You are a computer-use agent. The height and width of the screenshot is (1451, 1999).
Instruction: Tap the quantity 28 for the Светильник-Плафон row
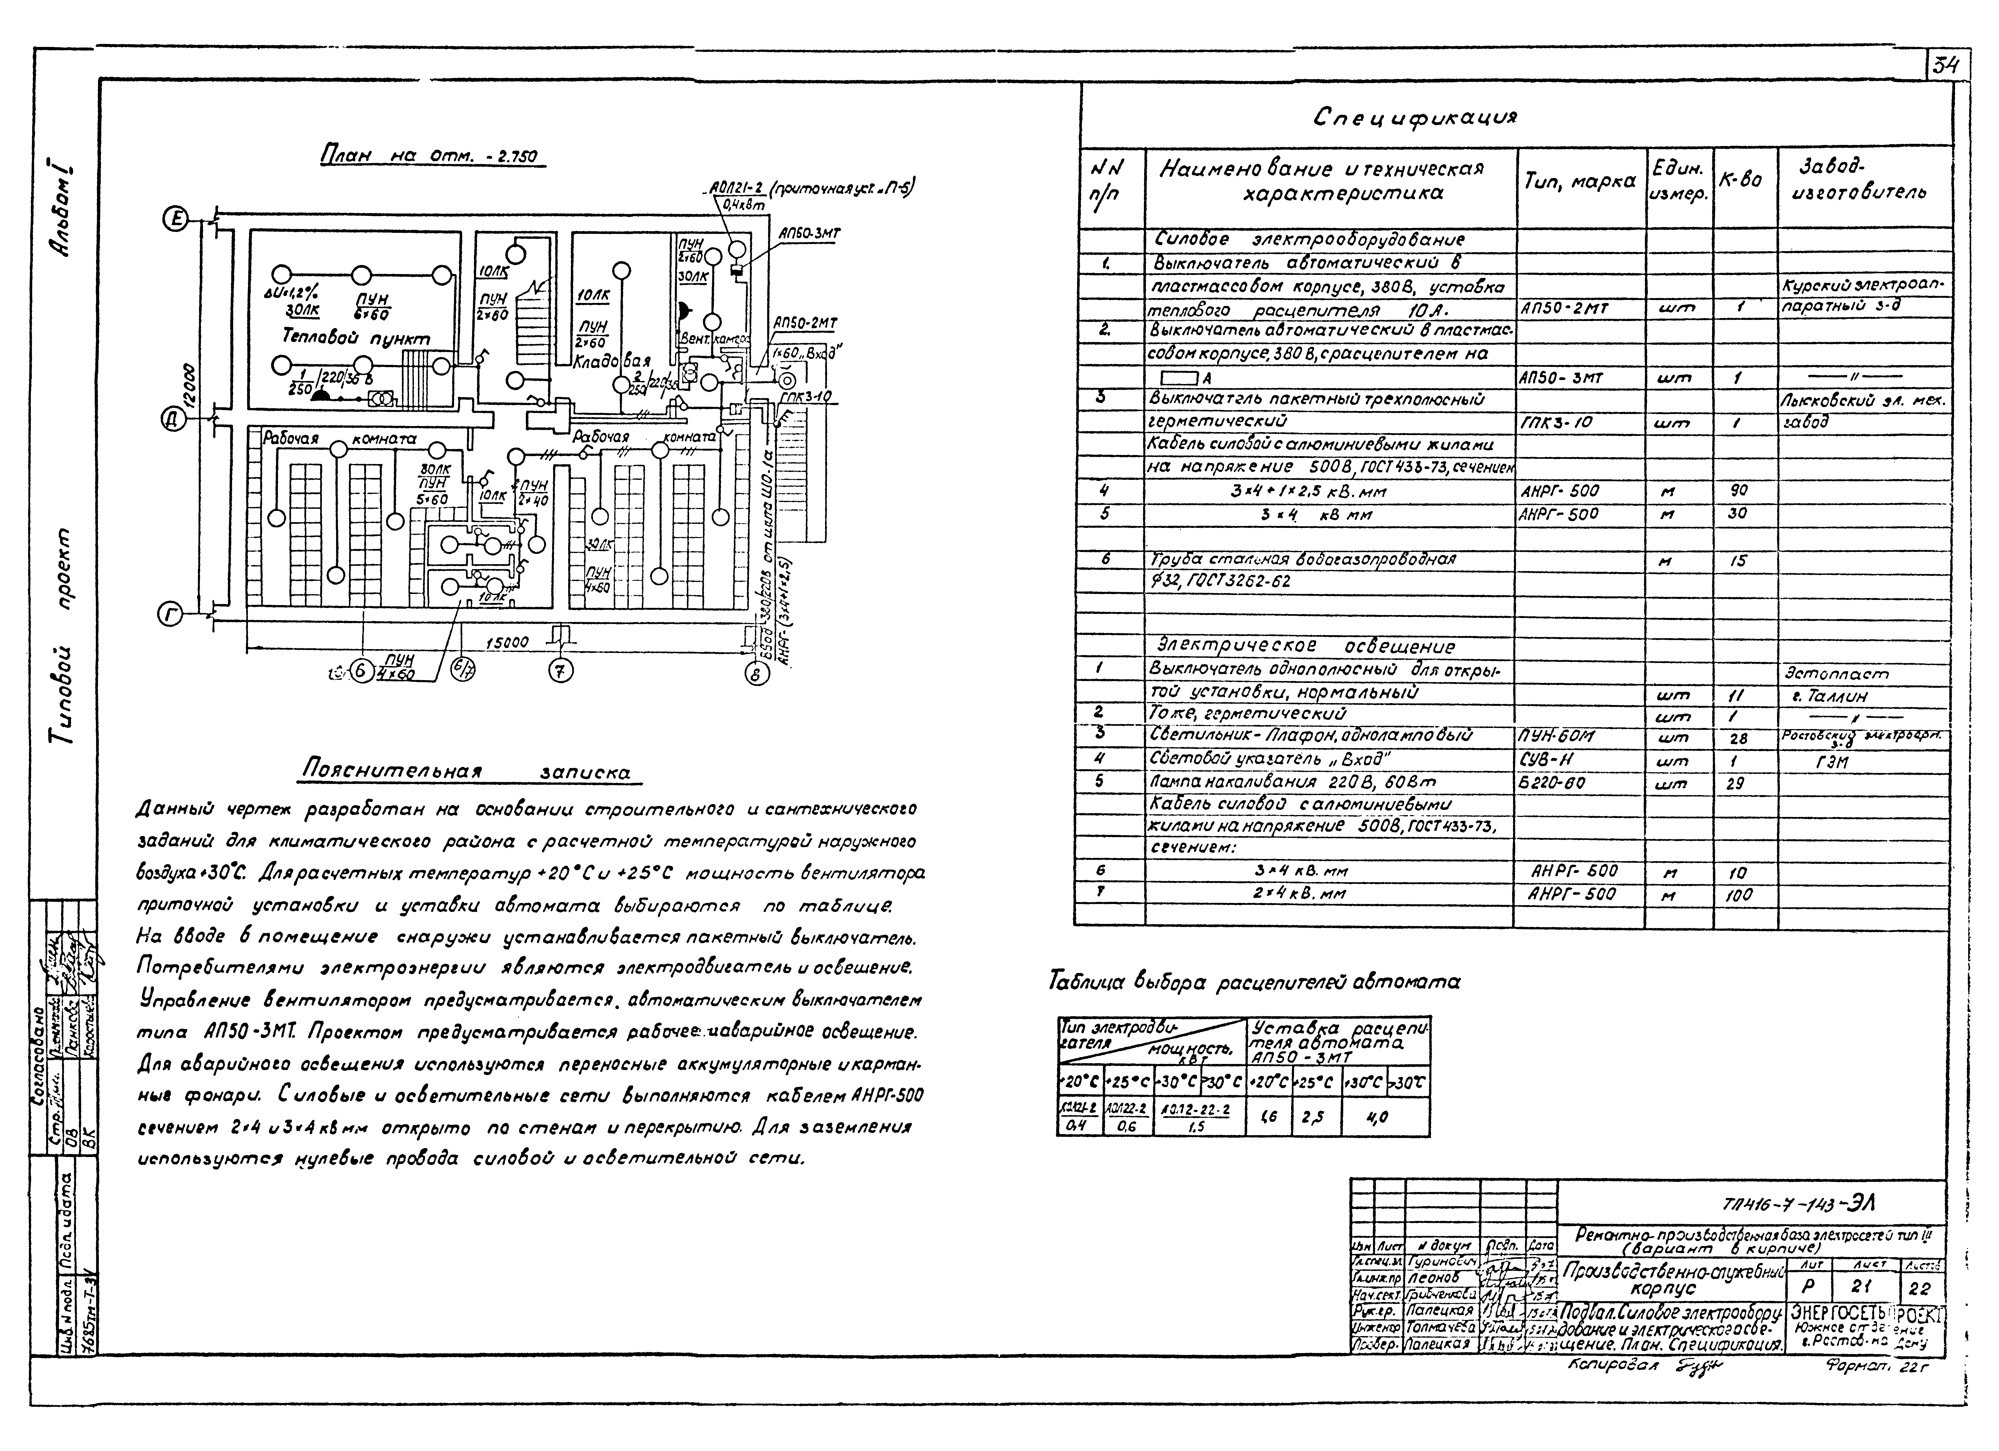click(x=1738, y=738)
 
